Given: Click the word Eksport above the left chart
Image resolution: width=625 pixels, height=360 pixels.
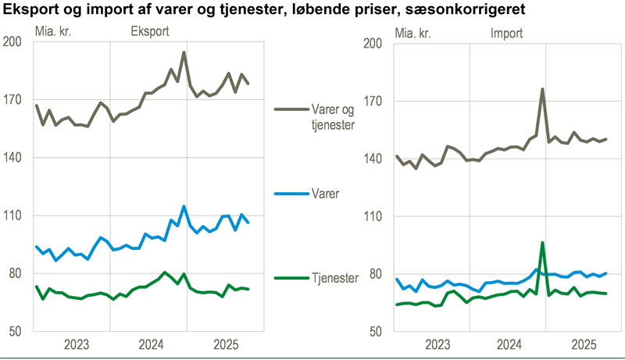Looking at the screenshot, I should (149, 33).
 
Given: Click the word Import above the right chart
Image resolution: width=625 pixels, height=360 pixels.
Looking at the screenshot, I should (506, 33).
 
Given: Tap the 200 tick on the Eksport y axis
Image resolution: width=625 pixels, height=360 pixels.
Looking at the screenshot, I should (12, 43).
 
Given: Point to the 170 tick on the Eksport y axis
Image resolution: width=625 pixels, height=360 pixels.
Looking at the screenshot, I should (12, 101).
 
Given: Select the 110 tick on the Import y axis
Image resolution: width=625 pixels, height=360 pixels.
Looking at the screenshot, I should (373, 216).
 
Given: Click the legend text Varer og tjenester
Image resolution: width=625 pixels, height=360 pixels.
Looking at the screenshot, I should (322, 116).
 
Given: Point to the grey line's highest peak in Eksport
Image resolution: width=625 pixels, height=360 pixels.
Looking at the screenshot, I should (184, 53).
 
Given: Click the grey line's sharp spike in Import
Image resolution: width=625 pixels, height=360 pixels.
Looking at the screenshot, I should (542, 89).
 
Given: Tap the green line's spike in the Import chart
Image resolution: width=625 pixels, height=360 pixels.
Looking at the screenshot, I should (542, 243).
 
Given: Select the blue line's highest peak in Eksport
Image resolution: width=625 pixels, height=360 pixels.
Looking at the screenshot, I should (184, 207).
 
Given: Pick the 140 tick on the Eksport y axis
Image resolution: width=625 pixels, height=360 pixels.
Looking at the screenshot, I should (12, 159).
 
